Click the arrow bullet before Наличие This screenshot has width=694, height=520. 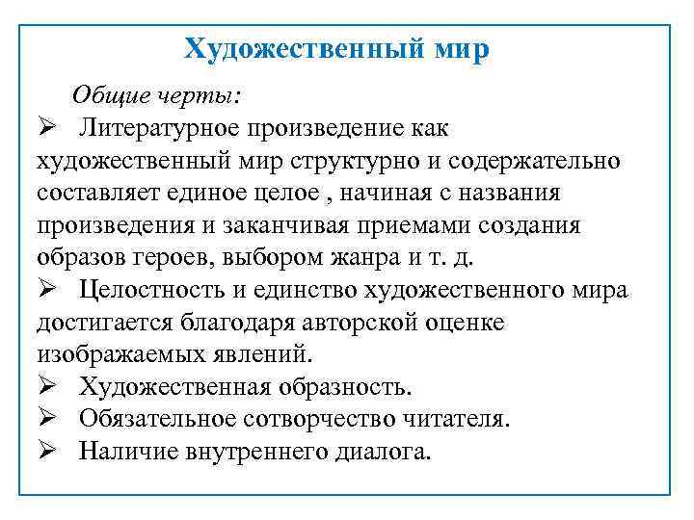coord(49,453)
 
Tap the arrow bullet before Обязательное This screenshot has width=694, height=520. coord(49,420)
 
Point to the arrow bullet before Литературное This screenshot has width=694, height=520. coord(49,127)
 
